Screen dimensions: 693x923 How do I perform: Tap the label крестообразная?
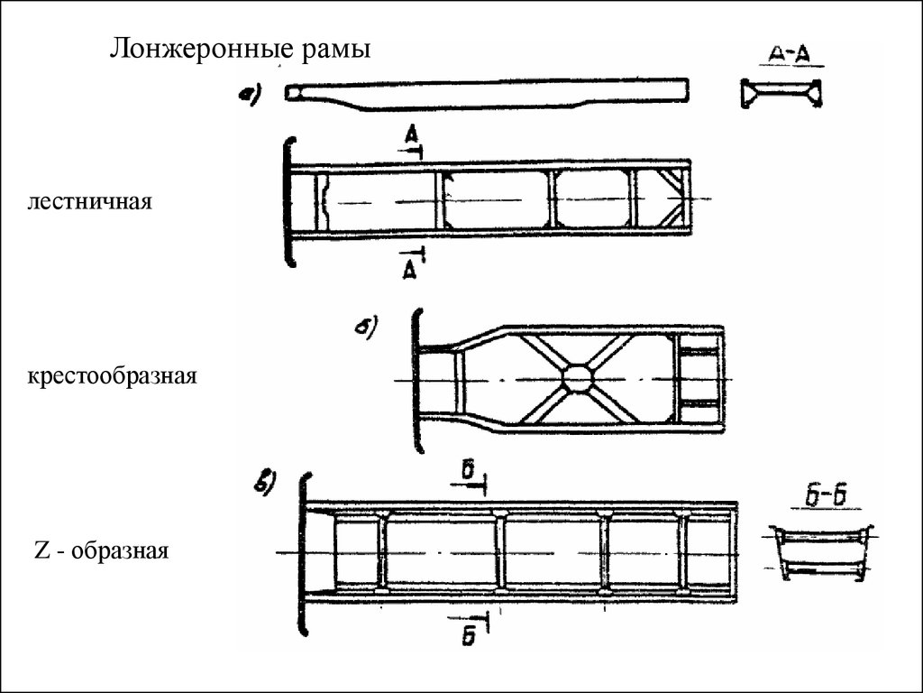pos(110,374)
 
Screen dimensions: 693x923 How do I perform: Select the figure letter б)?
pos(366,328)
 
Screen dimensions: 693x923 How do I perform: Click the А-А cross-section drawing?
pos(781,93)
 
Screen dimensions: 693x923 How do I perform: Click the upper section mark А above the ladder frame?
pos(411,136)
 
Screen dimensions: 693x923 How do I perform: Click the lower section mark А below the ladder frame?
pos(411,268)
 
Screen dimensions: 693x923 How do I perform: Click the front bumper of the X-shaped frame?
pos(416,379)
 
